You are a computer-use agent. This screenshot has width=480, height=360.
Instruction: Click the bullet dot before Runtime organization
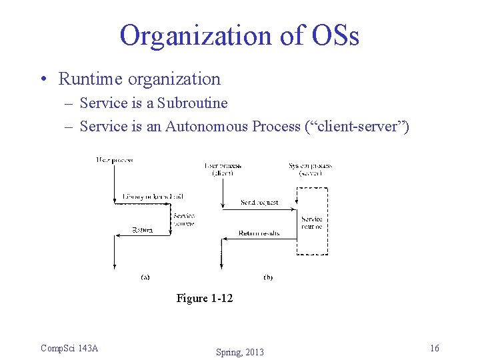43,79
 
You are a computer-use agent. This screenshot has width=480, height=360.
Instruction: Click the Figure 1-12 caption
205,298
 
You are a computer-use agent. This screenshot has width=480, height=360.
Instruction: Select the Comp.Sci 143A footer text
69,348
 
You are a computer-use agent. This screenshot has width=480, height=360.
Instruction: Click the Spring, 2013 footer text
239,352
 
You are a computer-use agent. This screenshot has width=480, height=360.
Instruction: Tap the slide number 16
435,348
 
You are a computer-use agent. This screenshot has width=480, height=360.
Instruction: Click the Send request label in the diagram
259,202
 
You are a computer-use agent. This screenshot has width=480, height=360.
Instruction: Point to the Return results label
259,233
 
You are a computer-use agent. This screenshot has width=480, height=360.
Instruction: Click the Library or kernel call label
153,196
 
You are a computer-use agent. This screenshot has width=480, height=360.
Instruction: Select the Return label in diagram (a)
142,230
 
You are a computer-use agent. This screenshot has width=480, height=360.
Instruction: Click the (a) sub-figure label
145,277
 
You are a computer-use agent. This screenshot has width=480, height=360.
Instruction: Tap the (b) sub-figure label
268,277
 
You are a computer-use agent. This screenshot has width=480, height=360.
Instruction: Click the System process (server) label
311,169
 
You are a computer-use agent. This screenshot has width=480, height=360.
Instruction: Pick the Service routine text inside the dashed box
311,223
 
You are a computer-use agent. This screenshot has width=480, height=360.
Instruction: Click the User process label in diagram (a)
114,159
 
